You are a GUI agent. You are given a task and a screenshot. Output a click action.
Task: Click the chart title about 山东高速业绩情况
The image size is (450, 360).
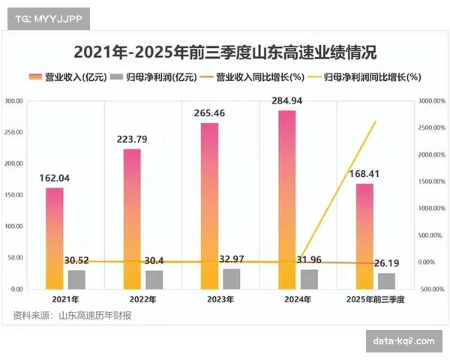225,53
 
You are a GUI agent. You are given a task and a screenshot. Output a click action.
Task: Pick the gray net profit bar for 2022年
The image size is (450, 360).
154,280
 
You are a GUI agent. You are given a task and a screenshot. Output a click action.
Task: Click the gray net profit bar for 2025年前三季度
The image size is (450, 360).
386,281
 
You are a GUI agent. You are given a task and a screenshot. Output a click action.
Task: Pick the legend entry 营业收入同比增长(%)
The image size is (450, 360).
257,77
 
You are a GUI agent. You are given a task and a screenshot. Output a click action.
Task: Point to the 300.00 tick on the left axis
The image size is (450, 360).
13,100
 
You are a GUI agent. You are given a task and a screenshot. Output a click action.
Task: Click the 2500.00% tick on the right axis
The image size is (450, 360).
433,127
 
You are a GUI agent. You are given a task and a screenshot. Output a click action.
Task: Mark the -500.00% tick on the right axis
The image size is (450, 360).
433,289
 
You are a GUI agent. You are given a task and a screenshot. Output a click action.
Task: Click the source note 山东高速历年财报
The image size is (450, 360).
94,315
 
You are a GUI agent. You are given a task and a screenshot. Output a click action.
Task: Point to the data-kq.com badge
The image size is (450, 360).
403,341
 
